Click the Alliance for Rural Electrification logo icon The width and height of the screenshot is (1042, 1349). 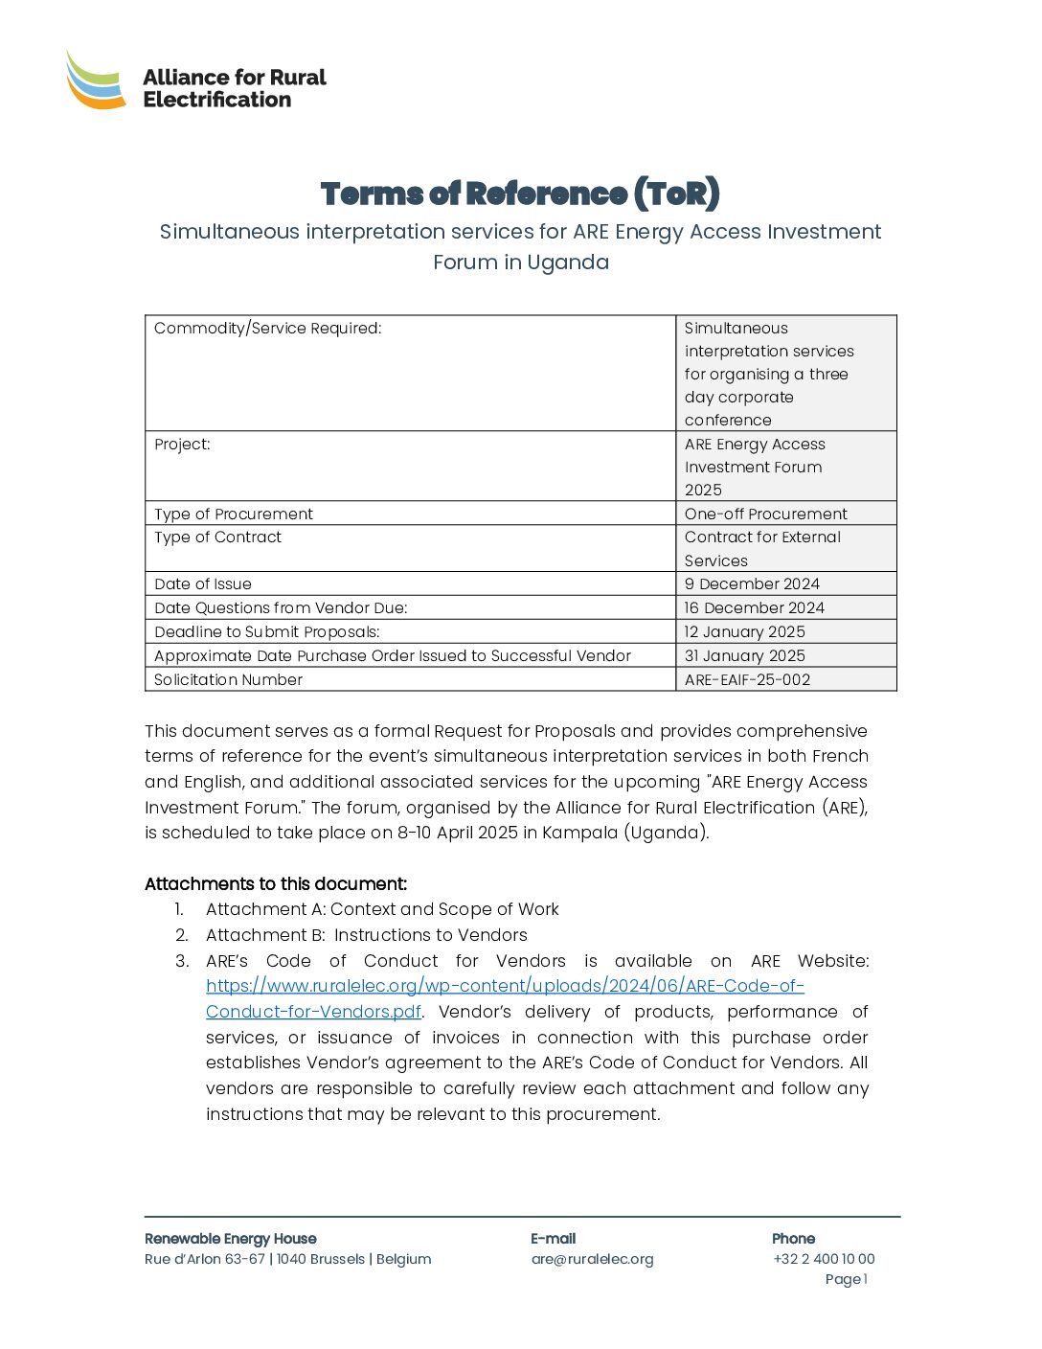coord(96,80)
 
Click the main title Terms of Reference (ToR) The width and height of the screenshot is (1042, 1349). coord(520,194)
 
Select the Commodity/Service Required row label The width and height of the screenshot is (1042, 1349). coord(268,329)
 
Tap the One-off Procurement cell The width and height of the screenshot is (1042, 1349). coord(765,514)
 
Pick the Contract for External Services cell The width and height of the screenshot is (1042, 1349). coord(762,549)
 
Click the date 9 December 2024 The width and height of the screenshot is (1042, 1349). coord(752,584)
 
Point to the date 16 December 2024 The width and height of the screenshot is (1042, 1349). coord(754,608)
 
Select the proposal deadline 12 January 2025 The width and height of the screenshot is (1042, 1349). coord(744,632)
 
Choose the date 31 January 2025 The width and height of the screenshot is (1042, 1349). coord(744,656)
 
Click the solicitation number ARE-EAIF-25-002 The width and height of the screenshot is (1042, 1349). coord(747,680)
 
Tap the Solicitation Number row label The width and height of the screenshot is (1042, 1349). coord(228,680)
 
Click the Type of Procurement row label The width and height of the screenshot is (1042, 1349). coord(234,514)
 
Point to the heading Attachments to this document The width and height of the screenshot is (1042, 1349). coord(276,884)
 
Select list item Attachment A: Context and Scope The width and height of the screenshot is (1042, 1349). coord(382,909)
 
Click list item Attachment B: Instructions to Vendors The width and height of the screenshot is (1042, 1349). coord(366,935)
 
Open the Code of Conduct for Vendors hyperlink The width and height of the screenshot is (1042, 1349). coord(505,987)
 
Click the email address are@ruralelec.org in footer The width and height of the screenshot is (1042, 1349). coord(592,1259)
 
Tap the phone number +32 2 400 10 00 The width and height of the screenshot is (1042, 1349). coord(824,1259)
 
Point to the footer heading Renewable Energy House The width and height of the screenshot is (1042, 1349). coord(230,1239)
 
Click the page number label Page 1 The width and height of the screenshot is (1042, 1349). coord(846,1279)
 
